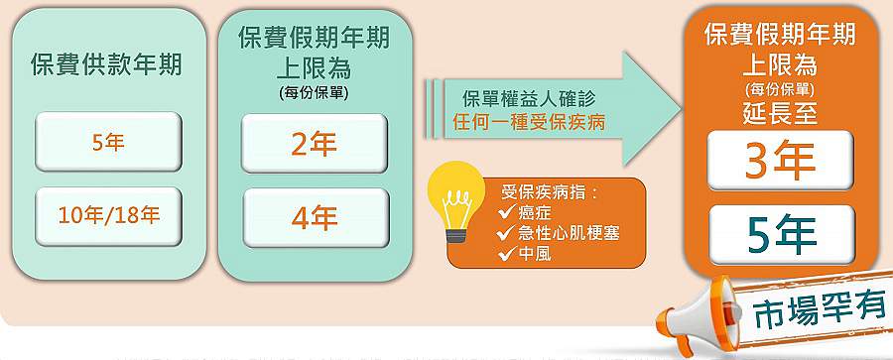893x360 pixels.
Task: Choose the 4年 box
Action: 314,216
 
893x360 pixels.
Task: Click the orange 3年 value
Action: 780,162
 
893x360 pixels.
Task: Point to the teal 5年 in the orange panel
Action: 780,234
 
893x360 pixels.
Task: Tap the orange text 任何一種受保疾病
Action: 528,123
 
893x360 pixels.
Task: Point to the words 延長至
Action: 779,113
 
